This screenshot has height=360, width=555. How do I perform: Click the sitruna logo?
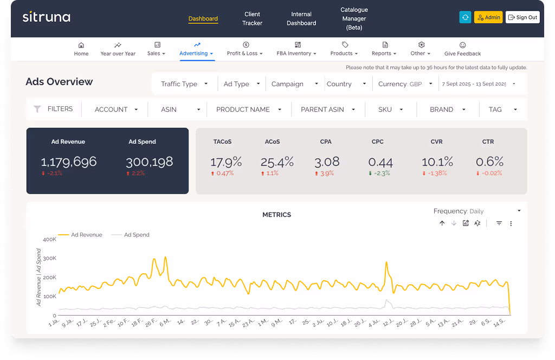coord(46,17)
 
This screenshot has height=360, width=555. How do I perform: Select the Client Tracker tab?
coord(252,18)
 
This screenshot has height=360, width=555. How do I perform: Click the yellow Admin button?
coord(488,17)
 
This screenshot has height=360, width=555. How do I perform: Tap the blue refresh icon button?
coord(465,17)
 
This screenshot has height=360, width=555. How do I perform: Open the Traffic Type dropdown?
coord(184,84)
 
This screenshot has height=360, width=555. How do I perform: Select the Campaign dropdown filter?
coord(295,84)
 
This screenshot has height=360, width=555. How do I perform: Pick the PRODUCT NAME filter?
coord(248,110)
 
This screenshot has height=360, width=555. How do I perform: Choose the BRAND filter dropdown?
coord(448,110)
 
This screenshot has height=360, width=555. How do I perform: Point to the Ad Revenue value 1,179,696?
coord(69,161)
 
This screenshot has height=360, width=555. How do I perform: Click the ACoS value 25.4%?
coord(277,162)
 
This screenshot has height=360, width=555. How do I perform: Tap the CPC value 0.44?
coord(380,162)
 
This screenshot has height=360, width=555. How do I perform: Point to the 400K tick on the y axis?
coord(49,239)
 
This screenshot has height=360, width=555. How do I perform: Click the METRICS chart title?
coord(276,215)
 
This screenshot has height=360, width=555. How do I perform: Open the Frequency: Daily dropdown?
coord(477,211)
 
